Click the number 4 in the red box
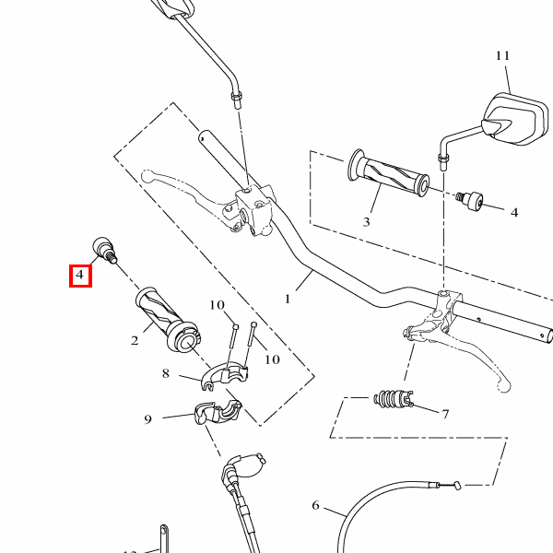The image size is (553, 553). (x=80, y=275)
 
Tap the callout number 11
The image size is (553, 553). (x=502, y=55)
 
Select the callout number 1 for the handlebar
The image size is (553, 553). (x=288, y=299)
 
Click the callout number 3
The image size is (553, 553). (x=367, y=222)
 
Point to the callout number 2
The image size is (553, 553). (x=135, y=341)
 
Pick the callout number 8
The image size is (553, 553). (x=166, y=373)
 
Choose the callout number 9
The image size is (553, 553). (x=147, y=419)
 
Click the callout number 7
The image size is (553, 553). (x=445, y=414)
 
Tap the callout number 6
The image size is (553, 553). (x=315, y=505)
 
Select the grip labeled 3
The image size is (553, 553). (x=388, y=172)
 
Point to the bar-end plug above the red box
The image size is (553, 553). (x=104, y=250)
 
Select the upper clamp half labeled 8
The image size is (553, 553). (x=224, y=375)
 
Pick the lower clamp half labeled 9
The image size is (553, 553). (x=218, y=412)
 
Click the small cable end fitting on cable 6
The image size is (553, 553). (x=457, y=486)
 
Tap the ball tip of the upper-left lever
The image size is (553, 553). (x=147, y=176)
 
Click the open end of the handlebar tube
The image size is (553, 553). (x=548, y=335)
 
